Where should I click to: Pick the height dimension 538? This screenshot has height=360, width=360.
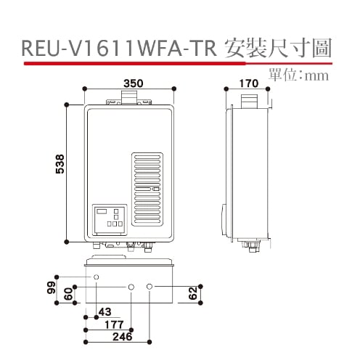[61, 173]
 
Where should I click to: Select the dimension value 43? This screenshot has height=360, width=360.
[105, 312]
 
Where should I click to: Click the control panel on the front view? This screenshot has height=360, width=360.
[109, 218]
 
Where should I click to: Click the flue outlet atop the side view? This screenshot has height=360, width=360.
[248, 98]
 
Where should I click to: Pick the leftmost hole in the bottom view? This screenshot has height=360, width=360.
[96, 278]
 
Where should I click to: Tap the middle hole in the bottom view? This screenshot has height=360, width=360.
[131, 287]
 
